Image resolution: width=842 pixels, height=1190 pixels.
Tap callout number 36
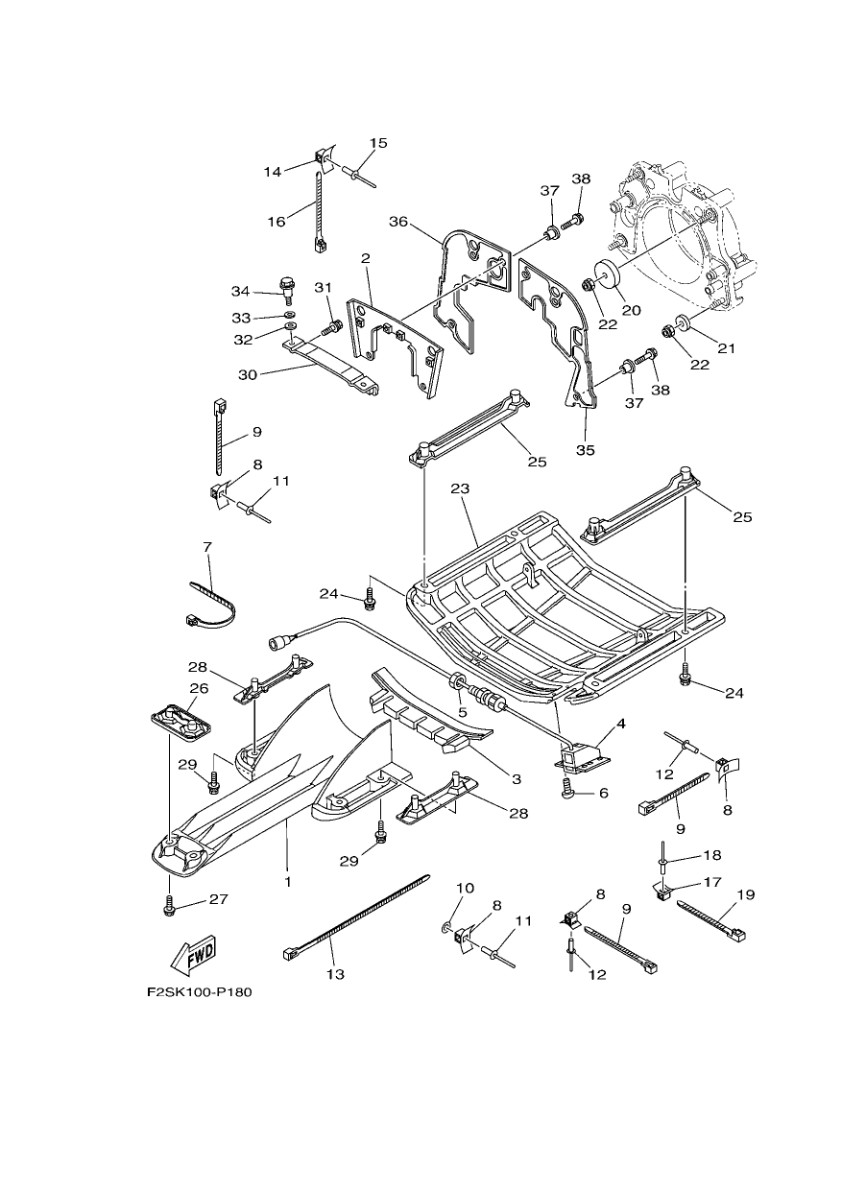tap(398, 222)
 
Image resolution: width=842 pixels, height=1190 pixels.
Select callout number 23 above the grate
tap(460, 488)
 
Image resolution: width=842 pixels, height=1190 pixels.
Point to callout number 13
tap(336, 974)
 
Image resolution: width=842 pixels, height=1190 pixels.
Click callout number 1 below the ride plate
tap(288, 882)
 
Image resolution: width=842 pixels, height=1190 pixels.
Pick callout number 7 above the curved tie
tap(207, 547)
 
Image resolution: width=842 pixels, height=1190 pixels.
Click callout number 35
tap(586, 450)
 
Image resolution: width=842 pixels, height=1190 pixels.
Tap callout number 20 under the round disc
tap(632, 310)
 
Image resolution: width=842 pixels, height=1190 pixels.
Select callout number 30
tap(248, 374)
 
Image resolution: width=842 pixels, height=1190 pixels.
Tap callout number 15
tap(378, 143)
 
